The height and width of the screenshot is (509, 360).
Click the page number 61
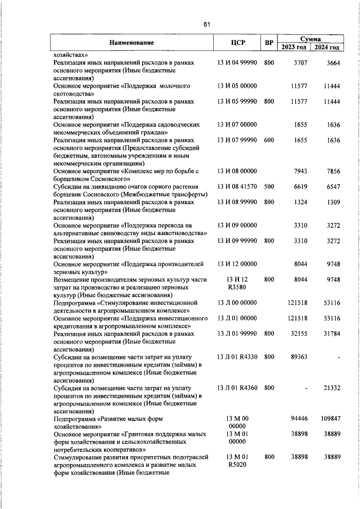tap(206, 24)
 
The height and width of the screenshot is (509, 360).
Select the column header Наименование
tap(131, 42)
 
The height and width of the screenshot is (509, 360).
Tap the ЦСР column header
tap(236, 42)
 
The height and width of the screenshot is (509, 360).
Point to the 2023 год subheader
tap(294, 47)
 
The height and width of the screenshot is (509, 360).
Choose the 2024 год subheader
tap(327, 47)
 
